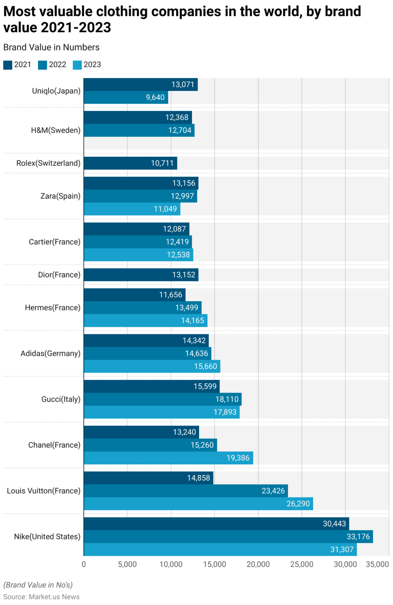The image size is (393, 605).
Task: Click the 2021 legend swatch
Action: click(x=7, y=65)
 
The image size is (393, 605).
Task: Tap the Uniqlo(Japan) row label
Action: click(x=56, y=91)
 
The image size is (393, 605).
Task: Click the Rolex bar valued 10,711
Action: click(x=130, y=163)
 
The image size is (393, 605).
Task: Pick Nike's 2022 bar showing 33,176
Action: click(x=228, y=536)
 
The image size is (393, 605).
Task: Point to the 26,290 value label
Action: click(x=298, y=504)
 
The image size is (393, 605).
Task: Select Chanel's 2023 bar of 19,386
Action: click(x=168, y=458)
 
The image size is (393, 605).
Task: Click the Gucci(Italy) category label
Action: click(x=61, y=399)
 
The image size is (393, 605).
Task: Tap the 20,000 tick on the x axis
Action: click(x=258, y=564)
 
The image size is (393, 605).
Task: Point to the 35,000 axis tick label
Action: click(x=377, y=564)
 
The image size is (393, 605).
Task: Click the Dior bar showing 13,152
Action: click(x=141, y=275)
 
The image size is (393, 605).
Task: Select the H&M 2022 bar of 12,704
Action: click(x=139, y=130)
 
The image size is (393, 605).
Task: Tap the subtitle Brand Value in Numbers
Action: click(x=52, y=47)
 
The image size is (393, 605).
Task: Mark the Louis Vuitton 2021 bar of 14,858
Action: click(x=148, y=478)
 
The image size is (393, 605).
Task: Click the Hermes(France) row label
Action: click(x=52, y=308)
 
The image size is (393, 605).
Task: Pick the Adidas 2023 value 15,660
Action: click(x=205, y=367)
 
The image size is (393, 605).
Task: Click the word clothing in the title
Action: click(x=122, y=12)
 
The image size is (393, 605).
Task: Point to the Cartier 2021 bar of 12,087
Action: click(x=137, y=229)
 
